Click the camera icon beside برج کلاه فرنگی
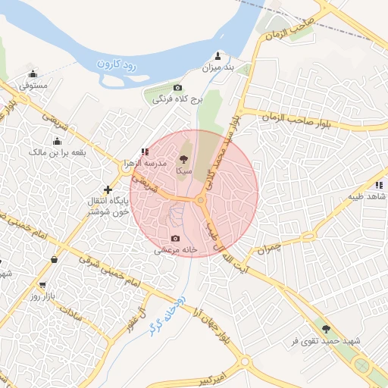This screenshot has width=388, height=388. click(x=178, y=87)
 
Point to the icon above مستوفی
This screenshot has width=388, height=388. click(x=33, y=74)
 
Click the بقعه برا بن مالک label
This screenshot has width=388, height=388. click(x=58, y=152)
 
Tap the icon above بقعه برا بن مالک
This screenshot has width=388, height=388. click(x=57, y=141)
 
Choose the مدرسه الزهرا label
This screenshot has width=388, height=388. click(x=145, y=164)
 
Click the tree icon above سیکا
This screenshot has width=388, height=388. click(x=182, y=160)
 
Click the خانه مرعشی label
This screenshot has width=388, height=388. click(x=177, y=249)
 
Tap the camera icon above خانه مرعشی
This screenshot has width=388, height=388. click(x=176, y=238)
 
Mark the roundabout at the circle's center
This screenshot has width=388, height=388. click(x=200, y=201)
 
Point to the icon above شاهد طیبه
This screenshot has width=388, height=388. click(x=377, y=184)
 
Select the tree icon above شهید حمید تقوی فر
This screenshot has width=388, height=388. click(x=327, y=329)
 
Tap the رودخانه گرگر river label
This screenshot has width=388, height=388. click(x=166, y=316)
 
